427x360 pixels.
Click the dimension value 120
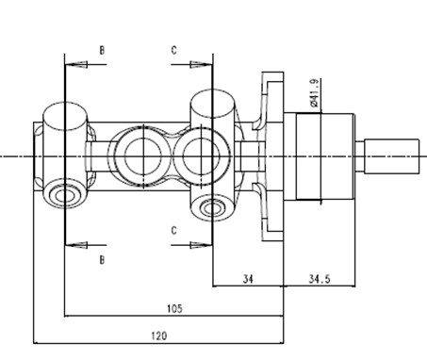[x=159, y=335]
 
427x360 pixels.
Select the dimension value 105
[x=174, y=308]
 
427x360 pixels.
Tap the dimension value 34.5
[x=320, y=279]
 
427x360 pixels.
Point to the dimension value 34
[x=248, y=279]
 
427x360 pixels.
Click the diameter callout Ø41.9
[x=314, y=93]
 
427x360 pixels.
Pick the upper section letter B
[x=102, y=50]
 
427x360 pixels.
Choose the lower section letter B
[x=102, y=260]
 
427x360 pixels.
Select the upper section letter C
[x=173, y=50]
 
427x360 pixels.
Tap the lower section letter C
[x=173, y=231]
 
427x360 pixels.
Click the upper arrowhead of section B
[x=75, y=64]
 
